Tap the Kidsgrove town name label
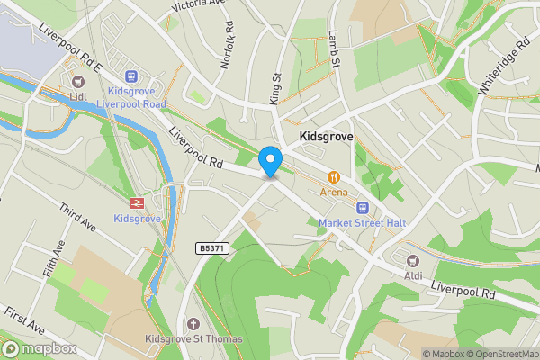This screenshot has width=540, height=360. [x=325, y=137]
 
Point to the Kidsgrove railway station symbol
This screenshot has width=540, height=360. [x=138, y=202]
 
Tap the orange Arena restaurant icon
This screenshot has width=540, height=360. [x=334, y=176]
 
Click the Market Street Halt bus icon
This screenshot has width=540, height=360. [x=363, y=207]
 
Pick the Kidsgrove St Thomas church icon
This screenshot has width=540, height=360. [x=192, y=324]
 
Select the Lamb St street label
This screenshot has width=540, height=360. [x=334, y=50]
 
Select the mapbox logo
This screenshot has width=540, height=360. [x=39, y=348]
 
